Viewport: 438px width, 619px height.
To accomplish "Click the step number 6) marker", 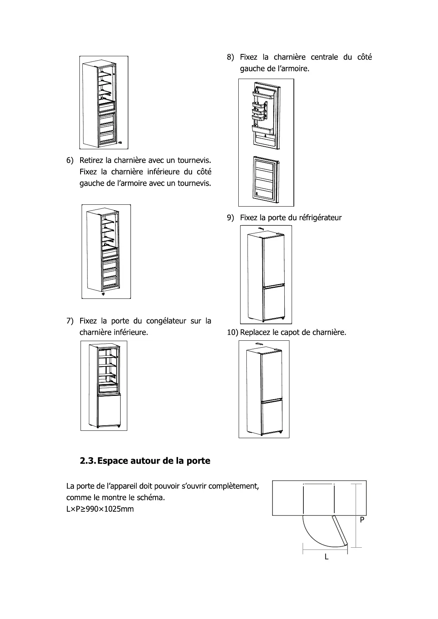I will pos(70,161).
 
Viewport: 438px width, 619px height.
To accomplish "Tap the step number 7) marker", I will pos(70,321).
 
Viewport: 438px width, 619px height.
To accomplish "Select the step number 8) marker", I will pos(230,57).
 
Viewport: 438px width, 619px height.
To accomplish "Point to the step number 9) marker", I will pos(230,218).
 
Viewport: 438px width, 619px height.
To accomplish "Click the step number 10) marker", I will pos(232,333).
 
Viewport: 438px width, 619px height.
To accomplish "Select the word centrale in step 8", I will pos(324,57).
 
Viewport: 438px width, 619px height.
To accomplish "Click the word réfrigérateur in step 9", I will pos(320,218).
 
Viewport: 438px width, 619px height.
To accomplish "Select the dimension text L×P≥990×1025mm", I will pos(100,509).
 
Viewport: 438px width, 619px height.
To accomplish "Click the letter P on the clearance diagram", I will pos(362,520).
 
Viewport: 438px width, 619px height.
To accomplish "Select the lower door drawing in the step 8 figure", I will pos(266,179).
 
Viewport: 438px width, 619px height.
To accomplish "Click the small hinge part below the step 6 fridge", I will pos(103,294).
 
